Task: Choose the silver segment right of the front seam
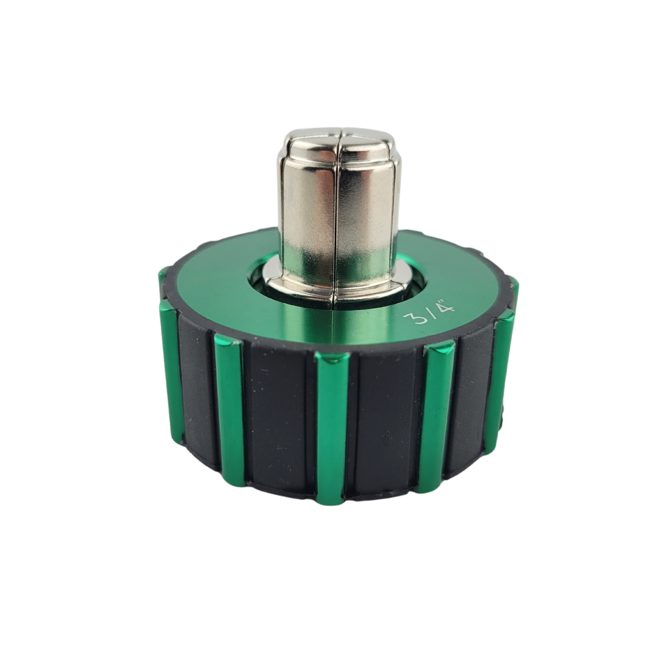tap(366, 210)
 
